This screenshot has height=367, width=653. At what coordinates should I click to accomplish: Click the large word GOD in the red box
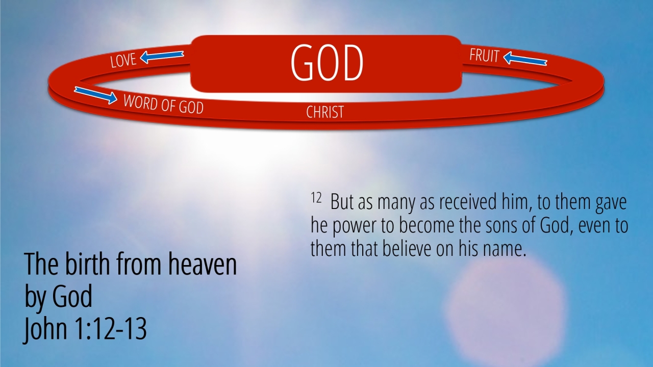(327, 63)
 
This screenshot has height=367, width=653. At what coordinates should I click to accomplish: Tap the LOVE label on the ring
(123, 60)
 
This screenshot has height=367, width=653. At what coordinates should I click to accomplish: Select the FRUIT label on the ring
(484, 56)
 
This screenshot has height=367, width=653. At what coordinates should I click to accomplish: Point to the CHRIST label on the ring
(325, 112)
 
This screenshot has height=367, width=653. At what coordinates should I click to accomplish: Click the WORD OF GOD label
(164, 104)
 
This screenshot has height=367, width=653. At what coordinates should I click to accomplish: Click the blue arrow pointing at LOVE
(162, 57)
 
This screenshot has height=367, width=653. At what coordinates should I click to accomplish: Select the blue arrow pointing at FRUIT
(525, 59)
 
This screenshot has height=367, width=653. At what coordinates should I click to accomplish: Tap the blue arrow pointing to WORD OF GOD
(95, 95)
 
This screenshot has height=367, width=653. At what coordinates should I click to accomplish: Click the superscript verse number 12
(316, 197)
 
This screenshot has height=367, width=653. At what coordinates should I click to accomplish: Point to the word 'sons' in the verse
(501, 226)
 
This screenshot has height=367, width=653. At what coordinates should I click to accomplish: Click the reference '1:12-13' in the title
(111, 329)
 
